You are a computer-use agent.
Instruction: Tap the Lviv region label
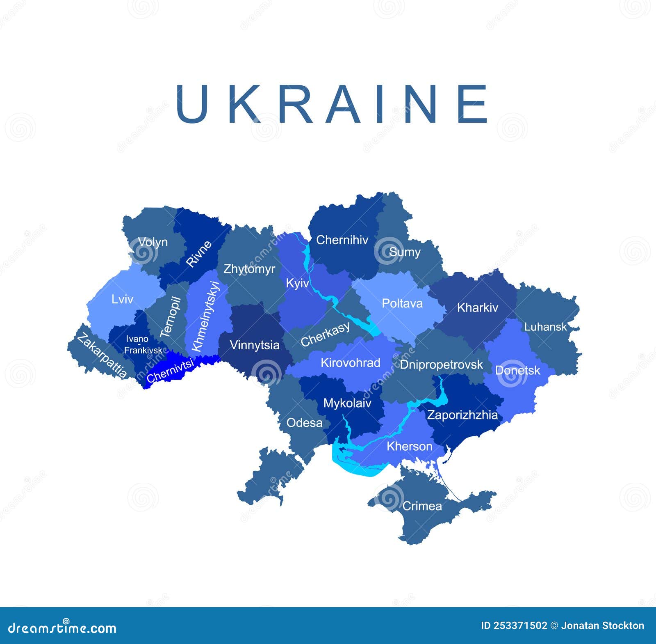click(x=122, y=299)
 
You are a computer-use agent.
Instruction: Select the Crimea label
click(x=422, y=506)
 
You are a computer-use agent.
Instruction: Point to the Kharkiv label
click(x=477, y=307)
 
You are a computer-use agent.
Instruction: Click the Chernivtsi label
click(x=170, y=370)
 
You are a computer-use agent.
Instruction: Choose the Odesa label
click(x=304, y=423)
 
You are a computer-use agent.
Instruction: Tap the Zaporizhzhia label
click(x=462, y=415)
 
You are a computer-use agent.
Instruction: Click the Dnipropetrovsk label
click(x=441, y=364)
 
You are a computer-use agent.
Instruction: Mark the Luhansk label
click(x=545, y=327)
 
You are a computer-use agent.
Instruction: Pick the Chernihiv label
click(x=342, y=240)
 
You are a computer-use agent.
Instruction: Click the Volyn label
click(x=153, y=242)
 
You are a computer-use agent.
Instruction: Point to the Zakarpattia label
click(x=102, y=355)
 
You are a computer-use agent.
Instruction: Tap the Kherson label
click(x=409, y=446)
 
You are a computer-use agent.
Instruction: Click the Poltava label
click(x=402, y=303)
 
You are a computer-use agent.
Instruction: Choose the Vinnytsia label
click(x=254, y=345)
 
